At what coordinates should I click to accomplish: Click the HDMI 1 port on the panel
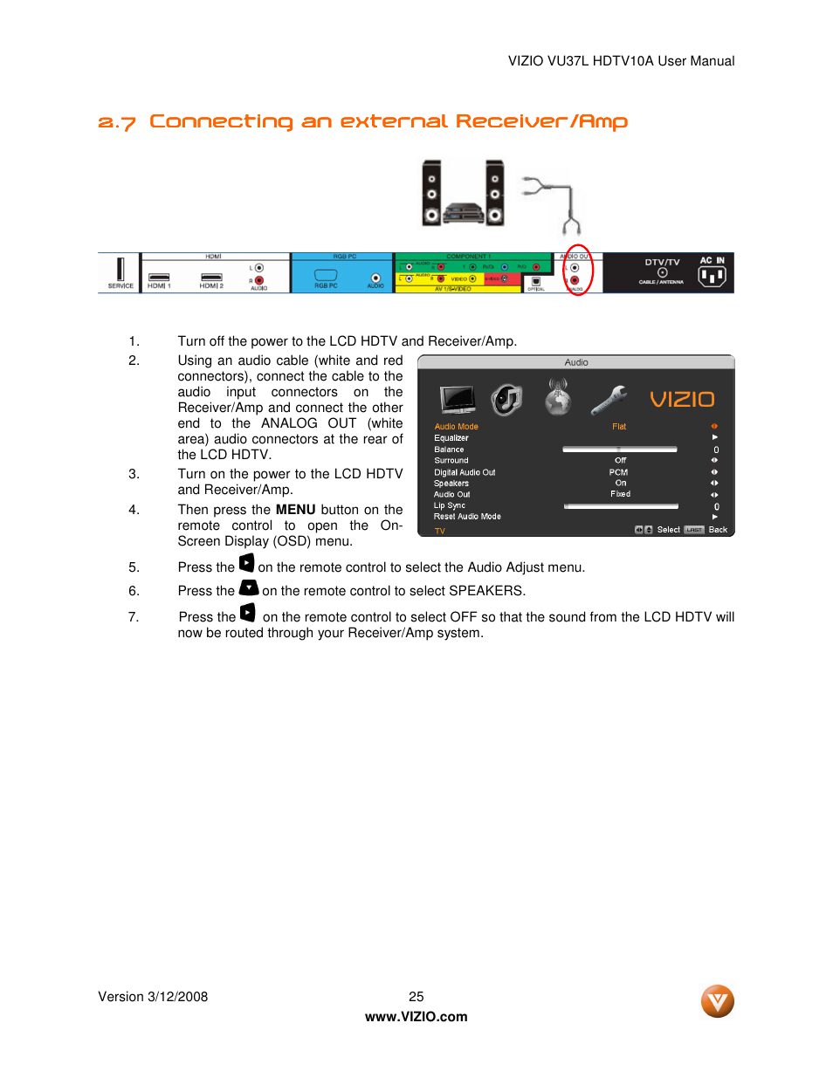(159, 277)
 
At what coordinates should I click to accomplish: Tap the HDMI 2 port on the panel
(211, 277)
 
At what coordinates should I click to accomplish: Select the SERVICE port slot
(120, 270)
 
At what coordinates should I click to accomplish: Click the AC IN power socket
(712, 276)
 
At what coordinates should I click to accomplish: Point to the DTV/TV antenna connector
(662, 272)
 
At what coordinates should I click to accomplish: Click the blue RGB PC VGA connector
(326, 275)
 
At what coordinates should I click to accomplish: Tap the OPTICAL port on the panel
(535, 281)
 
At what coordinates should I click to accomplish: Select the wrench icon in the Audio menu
(609, 400)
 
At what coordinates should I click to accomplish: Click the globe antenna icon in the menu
(557, 398)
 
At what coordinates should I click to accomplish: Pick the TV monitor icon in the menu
(458, 399)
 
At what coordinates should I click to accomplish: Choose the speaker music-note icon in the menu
(506, 400)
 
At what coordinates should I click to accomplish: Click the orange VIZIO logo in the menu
(682, 400)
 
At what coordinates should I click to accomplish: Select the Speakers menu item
(451, 484)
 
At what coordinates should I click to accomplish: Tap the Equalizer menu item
(451, 438)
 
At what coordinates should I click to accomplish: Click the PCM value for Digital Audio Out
(618, 472)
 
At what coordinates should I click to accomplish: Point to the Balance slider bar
(619, 450)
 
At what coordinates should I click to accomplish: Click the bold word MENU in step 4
(295, 510)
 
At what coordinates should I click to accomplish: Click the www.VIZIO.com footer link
(416, 1017)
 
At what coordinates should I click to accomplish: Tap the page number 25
(416, 997)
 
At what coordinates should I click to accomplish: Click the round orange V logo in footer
(717, 1001)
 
